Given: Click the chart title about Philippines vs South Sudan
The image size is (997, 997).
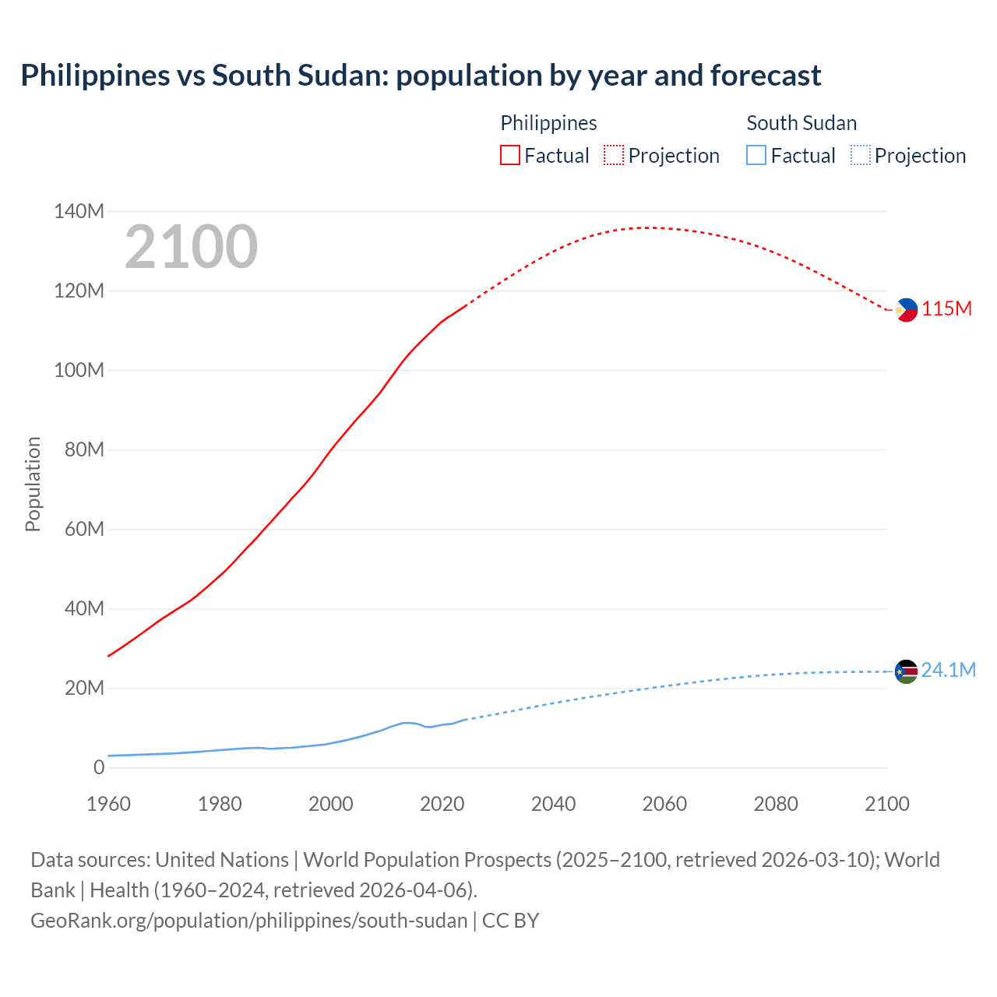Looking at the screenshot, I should (x=421, y=76).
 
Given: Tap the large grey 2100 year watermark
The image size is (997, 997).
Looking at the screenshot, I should (x=191, y=247).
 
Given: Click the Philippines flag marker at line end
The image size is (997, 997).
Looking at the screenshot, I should (x=906, y=310).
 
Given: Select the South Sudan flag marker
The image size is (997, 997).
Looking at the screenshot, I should (x=906, y=671).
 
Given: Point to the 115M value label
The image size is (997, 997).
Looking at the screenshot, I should (x=947, y=309).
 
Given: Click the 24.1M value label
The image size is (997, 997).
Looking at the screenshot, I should (x=949, y=671).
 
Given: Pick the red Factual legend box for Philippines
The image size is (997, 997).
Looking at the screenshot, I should (x=510, y=156).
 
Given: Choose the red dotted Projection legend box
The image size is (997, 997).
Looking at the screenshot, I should (x=614, y=156).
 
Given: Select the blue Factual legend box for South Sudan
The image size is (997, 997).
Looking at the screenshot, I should (x=756, y=156).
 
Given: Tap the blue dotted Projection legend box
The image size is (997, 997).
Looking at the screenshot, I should (x=861, y=156).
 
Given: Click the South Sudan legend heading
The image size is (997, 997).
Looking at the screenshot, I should (x=801, y=123).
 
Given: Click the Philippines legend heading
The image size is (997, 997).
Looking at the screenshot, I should (x=548, y=123).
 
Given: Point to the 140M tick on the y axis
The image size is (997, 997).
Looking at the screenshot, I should (x=79, y=211).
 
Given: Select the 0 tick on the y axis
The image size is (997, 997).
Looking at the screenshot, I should (x=98, y=768).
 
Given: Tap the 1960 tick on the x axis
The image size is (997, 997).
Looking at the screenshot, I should (x=108, y=804).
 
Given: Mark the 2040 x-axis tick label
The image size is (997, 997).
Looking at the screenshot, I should (x=553, y=804).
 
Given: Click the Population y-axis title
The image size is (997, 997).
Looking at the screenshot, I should (x=33, y=484).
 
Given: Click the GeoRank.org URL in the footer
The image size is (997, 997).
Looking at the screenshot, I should (x=248, y=921).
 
